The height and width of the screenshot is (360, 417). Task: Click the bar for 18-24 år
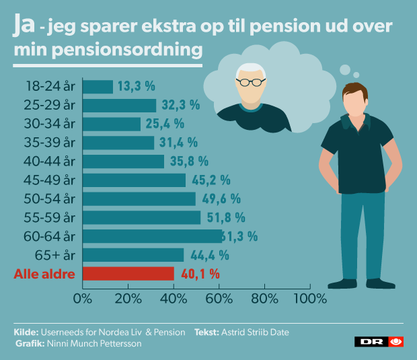click(x=98, y=87)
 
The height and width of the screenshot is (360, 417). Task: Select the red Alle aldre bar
click(x=128, y=274)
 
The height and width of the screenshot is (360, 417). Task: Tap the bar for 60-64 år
click(x=152, y=236)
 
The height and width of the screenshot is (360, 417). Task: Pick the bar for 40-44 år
click(x=123, y=161)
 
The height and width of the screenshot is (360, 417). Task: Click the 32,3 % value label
click(x=180, y=105)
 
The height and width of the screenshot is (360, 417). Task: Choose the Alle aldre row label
click(x=43, y=274)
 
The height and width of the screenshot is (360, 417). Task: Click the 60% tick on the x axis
click(x=219, y=297)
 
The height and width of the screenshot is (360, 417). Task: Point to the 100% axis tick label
click(x=311, y=297)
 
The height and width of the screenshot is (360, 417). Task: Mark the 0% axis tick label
click(x=82, y=297)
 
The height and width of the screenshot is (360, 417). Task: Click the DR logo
click(x=379, y=342)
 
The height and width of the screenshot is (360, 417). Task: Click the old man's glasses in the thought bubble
click(x=252, y=83)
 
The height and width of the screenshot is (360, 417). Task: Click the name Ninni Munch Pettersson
click(x=93, y=343)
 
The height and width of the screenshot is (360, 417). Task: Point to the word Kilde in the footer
click(x=26, y=332)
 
